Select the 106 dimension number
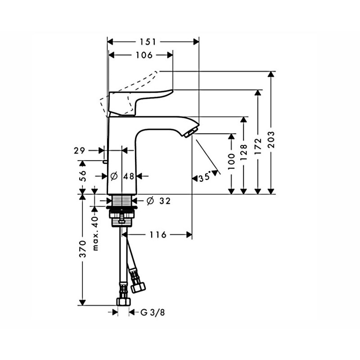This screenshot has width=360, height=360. [144, 55]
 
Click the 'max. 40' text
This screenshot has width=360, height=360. [95, 233]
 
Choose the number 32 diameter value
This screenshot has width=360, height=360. [165, 201]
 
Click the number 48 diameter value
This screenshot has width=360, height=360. [129, 176]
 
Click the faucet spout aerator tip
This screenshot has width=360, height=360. [190, 132]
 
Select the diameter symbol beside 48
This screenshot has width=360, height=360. [114, 176]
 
